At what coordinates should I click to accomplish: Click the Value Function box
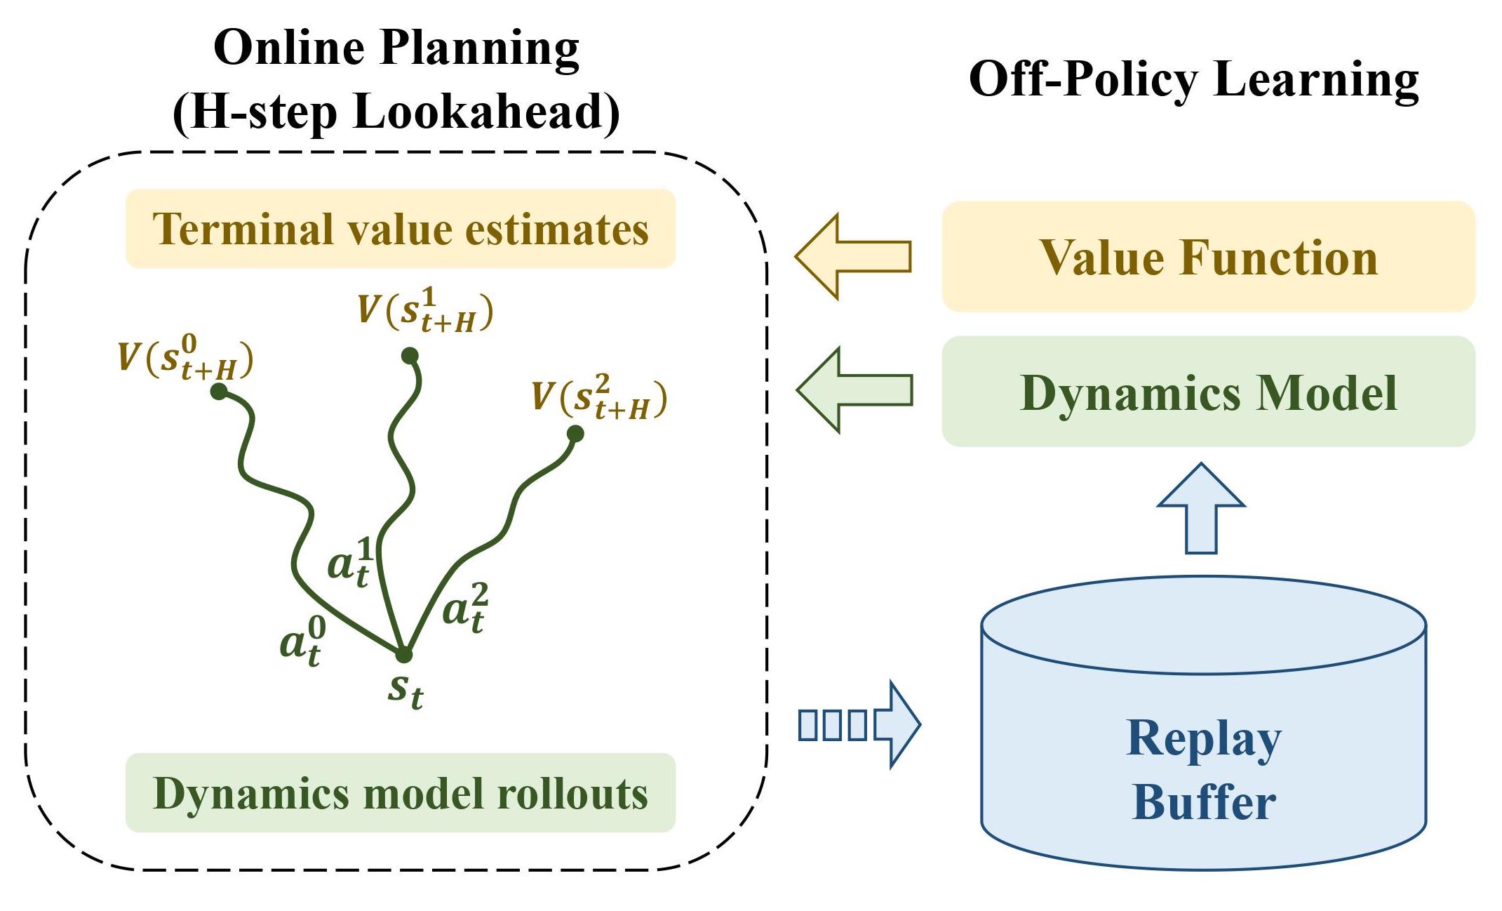1208,257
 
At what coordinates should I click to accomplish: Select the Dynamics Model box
1208,392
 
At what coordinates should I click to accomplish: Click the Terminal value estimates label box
400,229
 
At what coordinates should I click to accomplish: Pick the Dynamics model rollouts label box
400,793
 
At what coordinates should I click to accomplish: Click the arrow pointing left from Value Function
852,257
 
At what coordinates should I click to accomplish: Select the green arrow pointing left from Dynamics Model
854,390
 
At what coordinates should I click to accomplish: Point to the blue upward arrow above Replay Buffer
1201,509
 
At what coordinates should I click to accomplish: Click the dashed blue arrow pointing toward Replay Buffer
859,724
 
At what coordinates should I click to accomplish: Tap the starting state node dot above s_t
403,654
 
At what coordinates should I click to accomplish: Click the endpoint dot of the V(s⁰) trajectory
219,391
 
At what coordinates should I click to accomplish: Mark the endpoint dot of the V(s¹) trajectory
410,356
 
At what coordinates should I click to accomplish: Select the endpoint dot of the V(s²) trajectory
575,434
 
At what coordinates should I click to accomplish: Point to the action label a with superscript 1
349,562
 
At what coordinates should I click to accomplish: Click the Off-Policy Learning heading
1193,79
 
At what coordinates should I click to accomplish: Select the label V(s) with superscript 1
425,310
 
